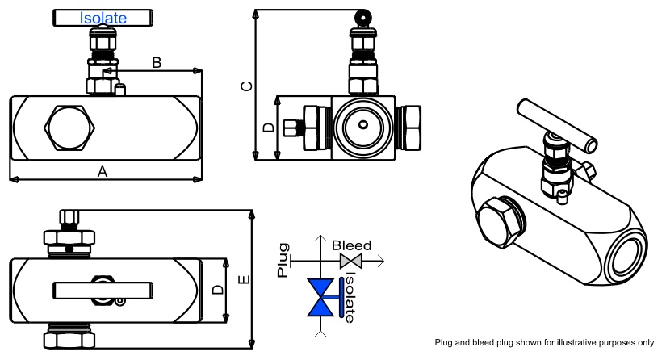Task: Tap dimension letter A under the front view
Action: [x=102, y=170]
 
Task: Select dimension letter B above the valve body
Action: [x=157, y=62]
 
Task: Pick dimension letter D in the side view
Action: [x=270, y=128]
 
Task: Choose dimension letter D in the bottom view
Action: [x=216, y=289]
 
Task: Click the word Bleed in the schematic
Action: [x=351, y=245]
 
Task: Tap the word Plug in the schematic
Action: [x=283, y=259]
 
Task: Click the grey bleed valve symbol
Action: [x=351, y=261]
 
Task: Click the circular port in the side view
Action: [x=363, y=126]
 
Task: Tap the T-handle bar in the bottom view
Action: [x=103, y=289]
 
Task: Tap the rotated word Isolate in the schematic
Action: [x=350, y=298]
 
